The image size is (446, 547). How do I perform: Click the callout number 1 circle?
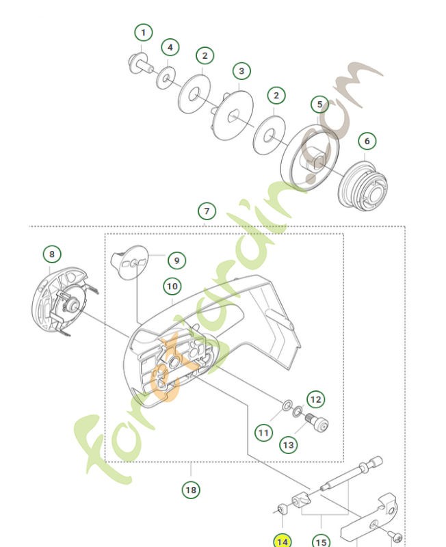(x=143, y=32)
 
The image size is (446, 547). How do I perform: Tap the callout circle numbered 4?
(x=170, y=48)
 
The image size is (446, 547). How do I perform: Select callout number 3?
(x=241, y=70)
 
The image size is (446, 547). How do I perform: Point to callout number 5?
(x=319, y=105)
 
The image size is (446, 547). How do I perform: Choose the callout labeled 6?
(x=367, y=141)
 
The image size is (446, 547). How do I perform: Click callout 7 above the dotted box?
(x=206, y=211)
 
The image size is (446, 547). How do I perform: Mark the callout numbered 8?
(x=52, y=254)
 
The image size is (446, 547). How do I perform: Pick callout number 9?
(x=176, y=261)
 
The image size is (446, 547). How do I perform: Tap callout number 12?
(x=315, y=399)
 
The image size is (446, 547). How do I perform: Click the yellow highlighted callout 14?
(x=282, y=540)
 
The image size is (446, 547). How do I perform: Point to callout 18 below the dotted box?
(x=192, y=490)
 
